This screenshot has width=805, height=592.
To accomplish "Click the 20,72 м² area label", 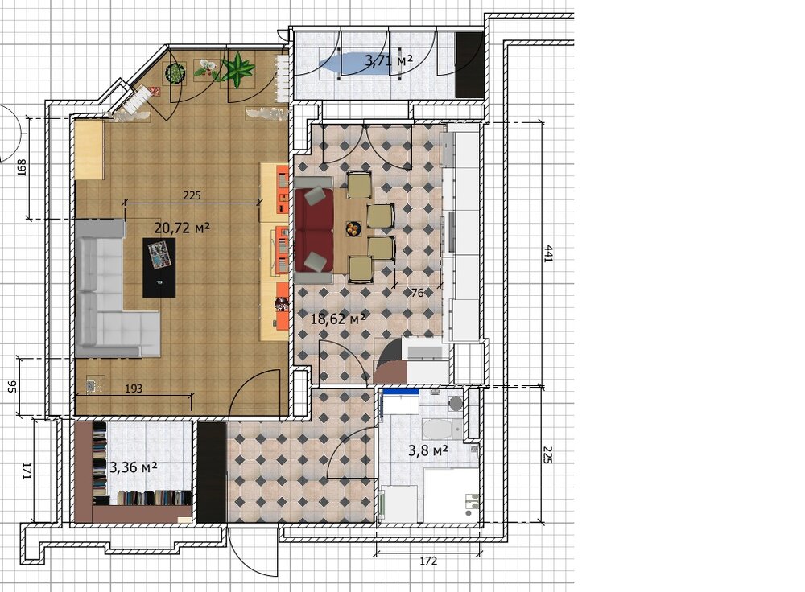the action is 182,228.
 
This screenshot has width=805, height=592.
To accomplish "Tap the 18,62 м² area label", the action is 338,319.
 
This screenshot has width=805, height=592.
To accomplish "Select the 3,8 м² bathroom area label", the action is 428,451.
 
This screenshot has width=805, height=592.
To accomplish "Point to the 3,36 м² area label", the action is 134,467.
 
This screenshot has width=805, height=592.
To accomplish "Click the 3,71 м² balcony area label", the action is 389,61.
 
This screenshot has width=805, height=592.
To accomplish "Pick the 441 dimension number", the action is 548,254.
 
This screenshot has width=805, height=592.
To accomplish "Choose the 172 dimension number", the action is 428,561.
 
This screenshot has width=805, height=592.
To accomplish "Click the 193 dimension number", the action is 134,388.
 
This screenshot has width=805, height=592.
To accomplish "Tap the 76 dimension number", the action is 418,293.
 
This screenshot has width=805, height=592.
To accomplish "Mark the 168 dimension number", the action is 22,168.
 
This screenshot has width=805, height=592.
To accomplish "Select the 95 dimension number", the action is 14,387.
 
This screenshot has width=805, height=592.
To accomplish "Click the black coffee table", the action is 159,267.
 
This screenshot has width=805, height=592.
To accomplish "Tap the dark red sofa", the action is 314,230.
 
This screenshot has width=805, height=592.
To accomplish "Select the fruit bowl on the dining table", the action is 353,228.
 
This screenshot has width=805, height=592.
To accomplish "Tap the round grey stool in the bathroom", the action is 456,403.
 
